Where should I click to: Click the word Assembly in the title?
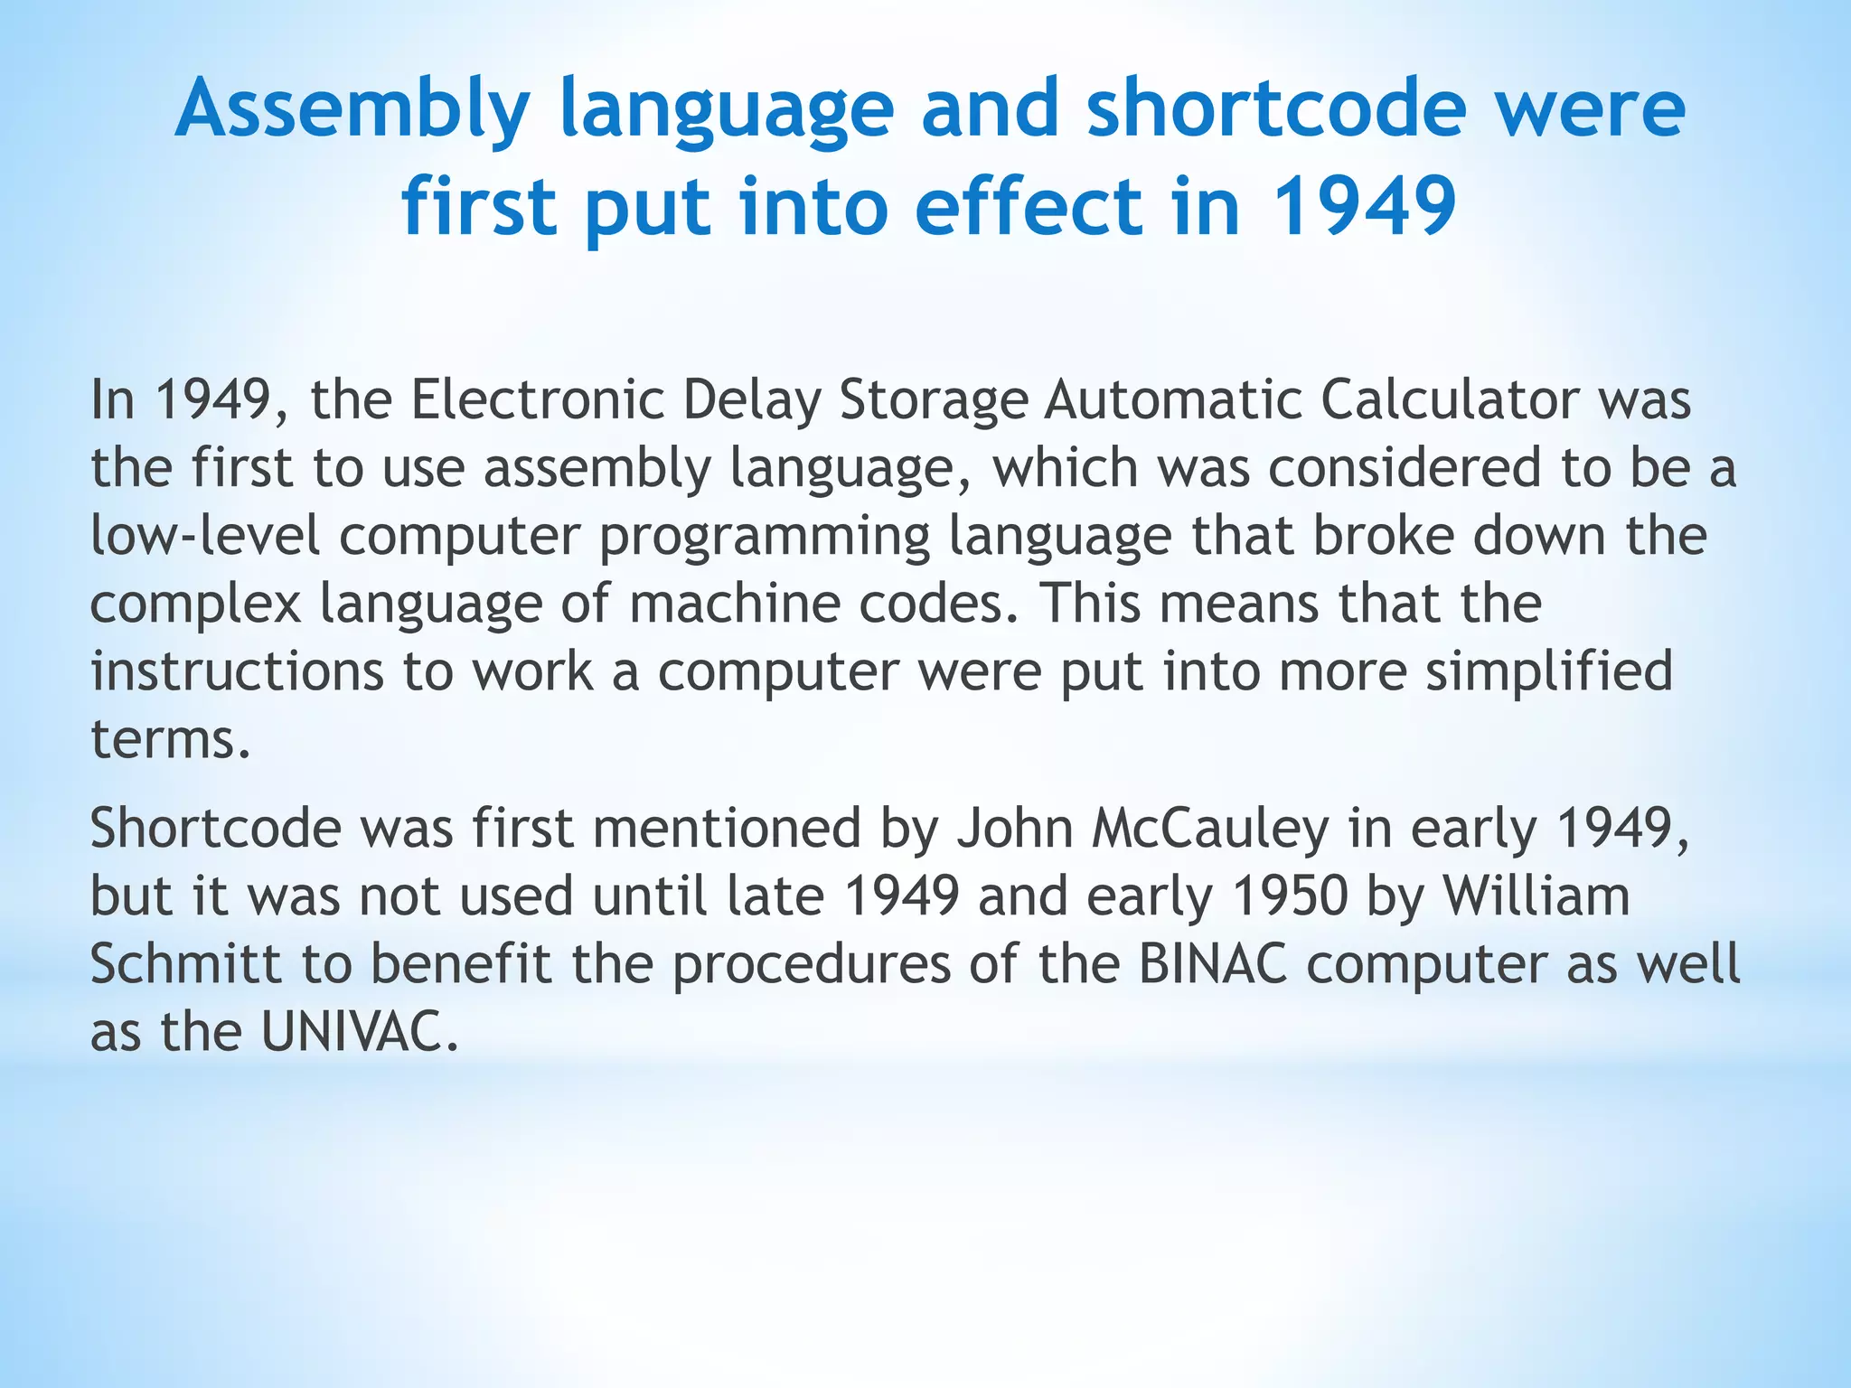pos(352,110)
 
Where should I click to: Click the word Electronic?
pos(538,399)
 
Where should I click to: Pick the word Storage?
pos(934,399)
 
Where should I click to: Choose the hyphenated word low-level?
pos(205,535)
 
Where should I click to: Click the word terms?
pos(170,739)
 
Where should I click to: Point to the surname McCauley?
pos(1210,830)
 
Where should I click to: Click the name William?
pos(1536,896)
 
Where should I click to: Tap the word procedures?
pos(812,965)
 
